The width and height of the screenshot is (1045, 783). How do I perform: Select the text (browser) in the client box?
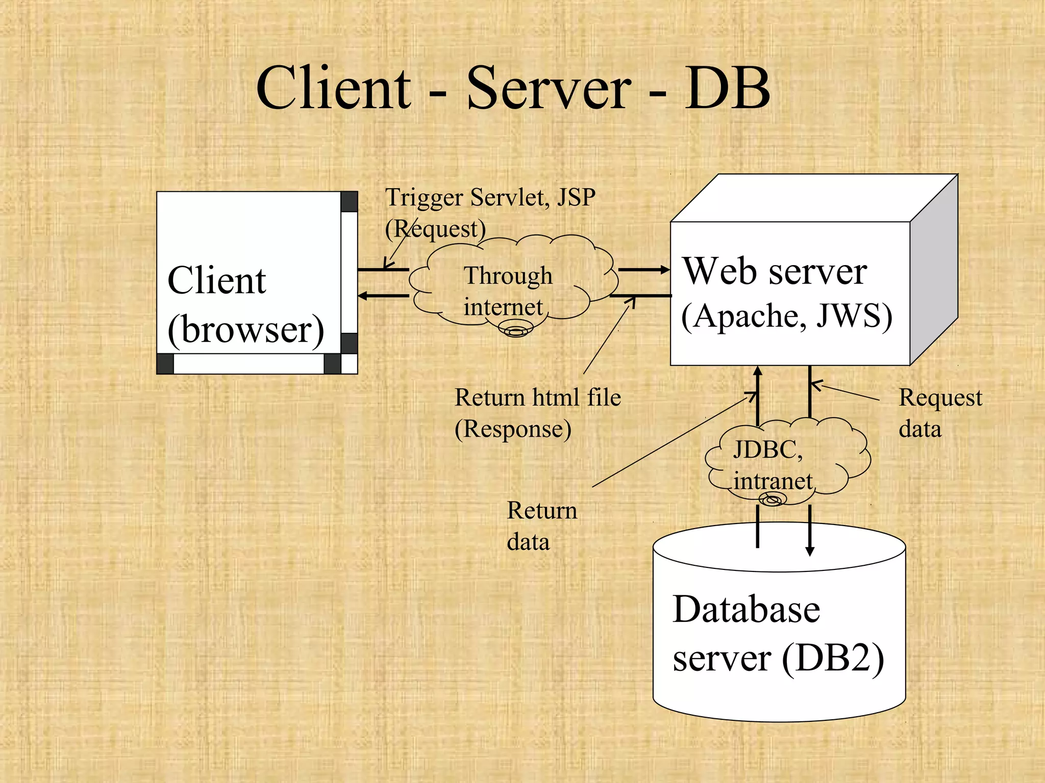tap(245, 330)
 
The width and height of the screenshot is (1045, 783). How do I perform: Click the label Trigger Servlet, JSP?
tap(490, 197)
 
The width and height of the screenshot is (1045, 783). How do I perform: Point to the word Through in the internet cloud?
tap(508, 276)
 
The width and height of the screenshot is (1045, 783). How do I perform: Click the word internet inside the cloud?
tap(503, 307)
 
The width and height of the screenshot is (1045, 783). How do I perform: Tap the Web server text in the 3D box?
tap(775, 271)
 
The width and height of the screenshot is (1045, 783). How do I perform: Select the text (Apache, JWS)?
tap(786, 316)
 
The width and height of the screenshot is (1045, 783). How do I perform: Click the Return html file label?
tap(538, 398)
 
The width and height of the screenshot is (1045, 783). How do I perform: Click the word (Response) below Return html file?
tap(513, 429)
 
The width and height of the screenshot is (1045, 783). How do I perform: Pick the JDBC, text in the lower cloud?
tap(767, 450)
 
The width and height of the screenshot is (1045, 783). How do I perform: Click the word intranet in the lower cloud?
tap(773, 481)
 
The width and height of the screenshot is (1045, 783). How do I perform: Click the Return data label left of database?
tap(541, 526)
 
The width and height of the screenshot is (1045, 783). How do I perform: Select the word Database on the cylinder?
tap(746, 609)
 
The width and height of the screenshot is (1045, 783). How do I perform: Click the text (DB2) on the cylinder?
tap(833, 658)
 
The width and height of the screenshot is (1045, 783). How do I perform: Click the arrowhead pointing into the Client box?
tap(363, 296)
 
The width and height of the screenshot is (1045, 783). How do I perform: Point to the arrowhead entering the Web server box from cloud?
tap(665, 270)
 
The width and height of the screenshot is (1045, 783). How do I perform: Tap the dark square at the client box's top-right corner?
tap(349, 202)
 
